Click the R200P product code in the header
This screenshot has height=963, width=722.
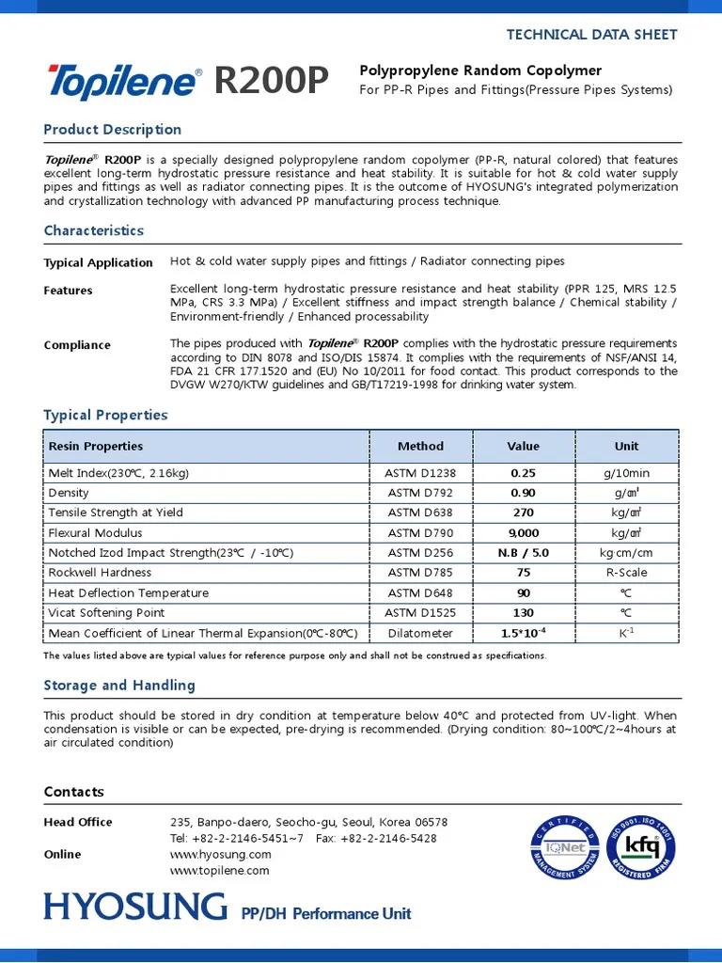coord(272,82)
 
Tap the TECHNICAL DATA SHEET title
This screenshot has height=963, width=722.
coord(591,34)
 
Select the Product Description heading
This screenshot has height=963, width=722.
coord(113,130)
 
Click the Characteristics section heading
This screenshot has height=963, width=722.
coord(94,230)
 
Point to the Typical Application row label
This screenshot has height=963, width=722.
coord(98,262)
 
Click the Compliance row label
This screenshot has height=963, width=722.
coord(77,345)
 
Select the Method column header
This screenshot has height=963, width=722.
coord(420,446)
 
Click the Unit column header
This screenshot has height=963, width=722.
coord(626,446)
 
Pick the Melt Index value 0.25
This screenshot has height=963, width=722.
coord(524,473)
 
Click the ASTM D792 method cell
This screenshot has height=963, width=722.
coord(420,493)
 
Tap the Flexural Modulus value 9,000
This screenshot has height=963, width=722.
coord(524,533)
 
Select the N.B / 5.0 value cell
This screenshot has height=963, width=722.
coord(524,553)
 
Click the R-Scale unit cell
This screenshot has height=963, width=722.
coord(626,573)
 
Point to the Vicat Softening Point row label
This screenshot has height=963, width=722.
coord(106,613)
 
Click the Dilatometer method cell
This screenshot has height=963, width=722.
coord(420,633)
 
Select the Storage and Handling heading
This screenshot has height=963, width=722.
coord(119,686)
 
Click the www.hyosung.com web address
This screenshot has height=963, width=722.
coord(220,854)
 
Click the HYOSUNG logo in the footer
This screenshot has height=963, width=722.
coord(135,908)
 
